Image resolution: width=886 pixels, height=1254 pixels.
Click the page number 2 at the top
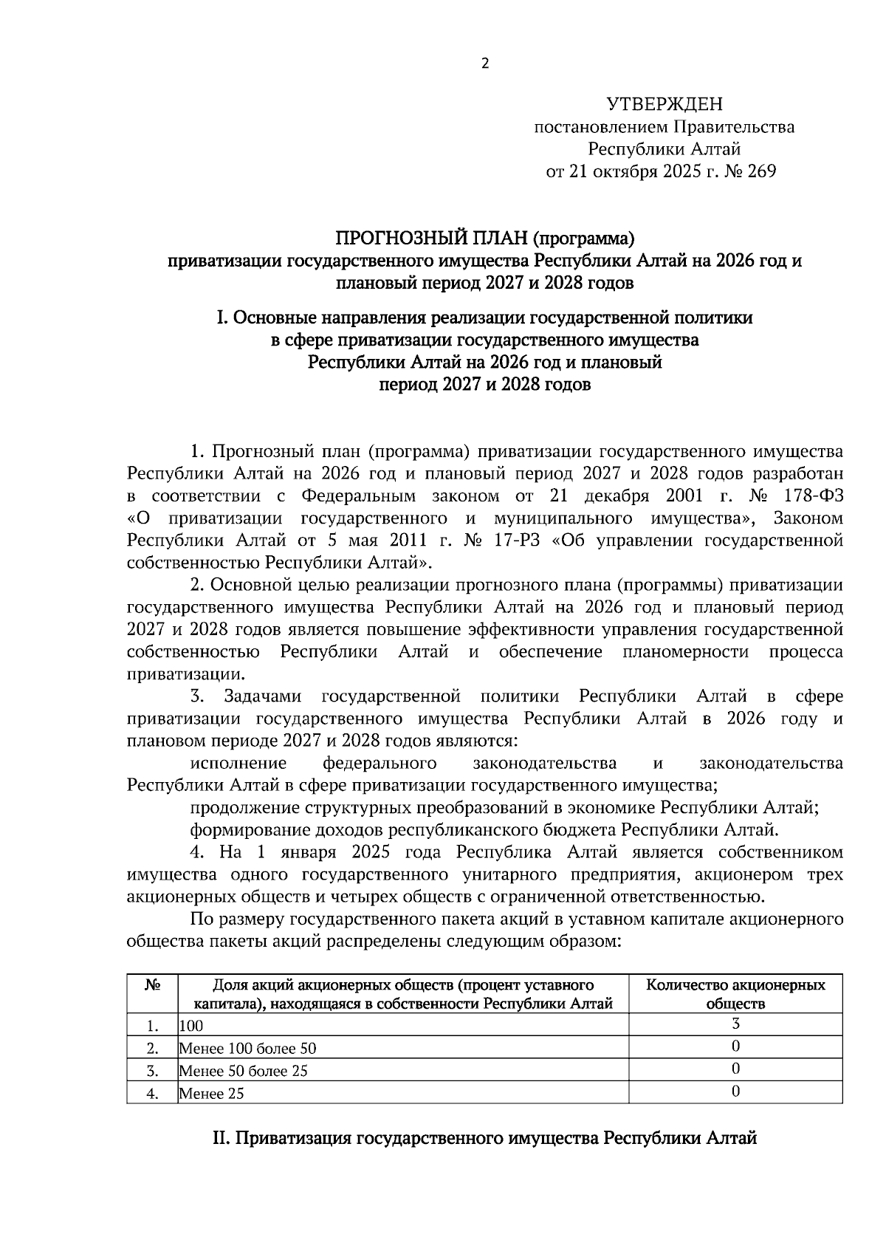485,64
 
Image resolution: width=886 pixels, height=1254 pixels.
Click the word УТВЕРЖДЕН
664,103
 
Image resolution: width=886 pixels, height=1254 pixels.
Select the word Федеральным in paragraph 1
359,496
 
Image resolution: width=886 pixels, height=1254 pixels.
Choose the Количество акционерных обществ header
735,994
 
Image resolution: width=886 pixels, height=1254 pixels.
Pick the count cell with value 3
735,1024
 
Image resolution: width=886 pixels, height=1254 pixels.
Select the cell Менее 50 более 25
243,1070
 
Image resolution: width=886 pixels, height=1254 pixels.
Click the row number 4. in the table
153,1094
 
